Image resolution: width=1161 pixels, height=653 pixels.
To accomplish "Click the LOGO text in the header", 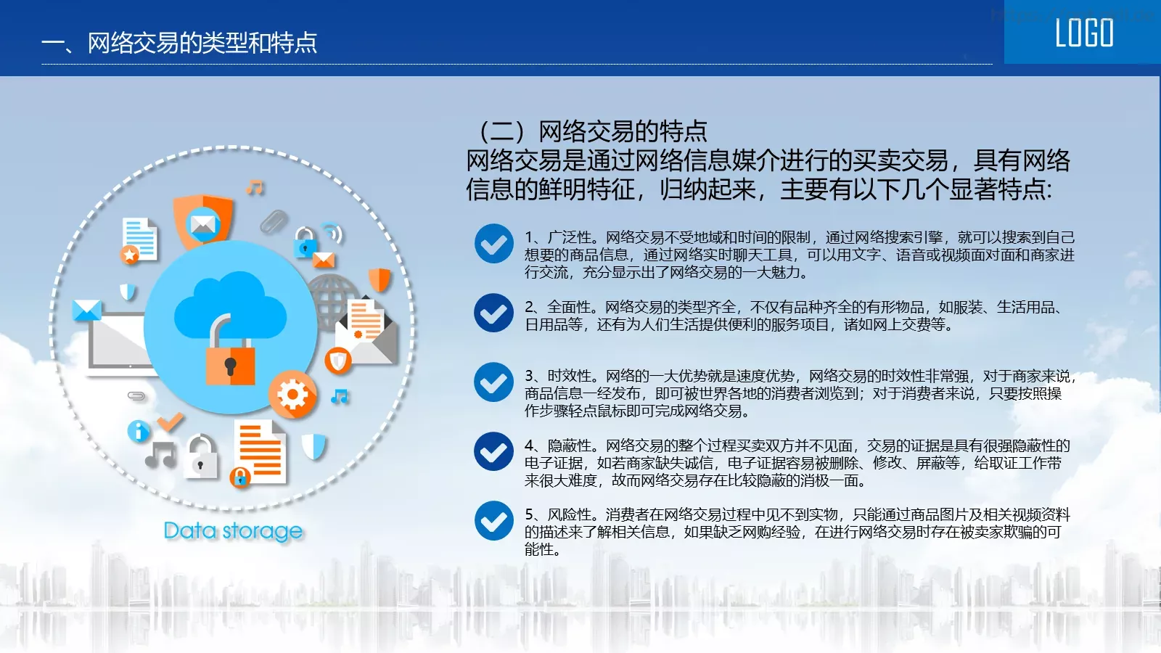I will click(x=1083, y=33).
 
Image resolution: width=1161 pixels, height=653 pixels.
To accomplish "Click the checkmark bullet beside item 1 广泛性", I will click(x=493, y=244).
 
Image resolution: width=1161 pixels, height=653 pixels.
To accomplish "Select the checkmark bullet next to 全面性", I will click(x=493, y=313).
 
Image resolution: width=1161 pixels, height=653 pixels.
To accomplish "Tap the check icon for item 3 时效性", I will click(x=493, y=382).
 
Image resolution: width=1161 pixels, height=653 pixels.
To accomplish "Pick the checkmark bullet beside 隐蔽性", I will click(x=493, y=451).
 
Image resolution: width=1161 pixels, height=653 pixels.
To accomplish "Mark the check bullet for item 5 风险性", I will click(x=493, y=521).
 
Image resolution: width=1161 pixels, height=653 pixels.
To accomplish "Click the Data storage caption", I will click(x=233, y=531).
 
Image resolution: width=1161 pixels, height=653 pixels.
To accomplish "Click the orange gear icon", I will click(x=292, y=395).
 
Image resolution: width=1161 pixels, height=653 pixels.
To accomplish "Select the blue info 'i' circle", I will click(x=138, y=431).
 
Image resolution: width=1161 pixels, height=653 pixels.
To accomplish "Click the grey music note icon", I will click(x=161, y=454).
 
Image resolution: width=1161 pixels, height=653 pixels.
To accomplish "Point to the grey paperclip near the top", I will click(x=274, y=221).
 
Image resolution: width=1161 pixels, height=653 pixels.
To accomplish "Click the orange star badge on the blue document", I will click(x=131, y=254).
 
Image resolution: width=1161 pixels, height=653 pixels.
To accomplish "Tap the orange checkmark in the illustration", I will click(x=171, y=420).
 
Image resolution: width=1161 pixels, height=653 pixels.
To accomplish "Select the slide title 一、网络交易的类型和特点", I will click(x=180, y=43).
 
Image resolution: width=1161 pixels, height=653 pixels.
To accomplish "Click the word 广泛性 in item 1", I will click(x=569, y=237).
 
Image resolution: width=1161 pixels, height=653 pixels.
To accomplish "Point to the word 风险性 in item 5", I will click(x=569, y=514).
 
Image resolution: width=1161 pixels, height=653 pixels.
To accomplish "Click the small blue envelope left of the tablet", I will click(x=86, y=311).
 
